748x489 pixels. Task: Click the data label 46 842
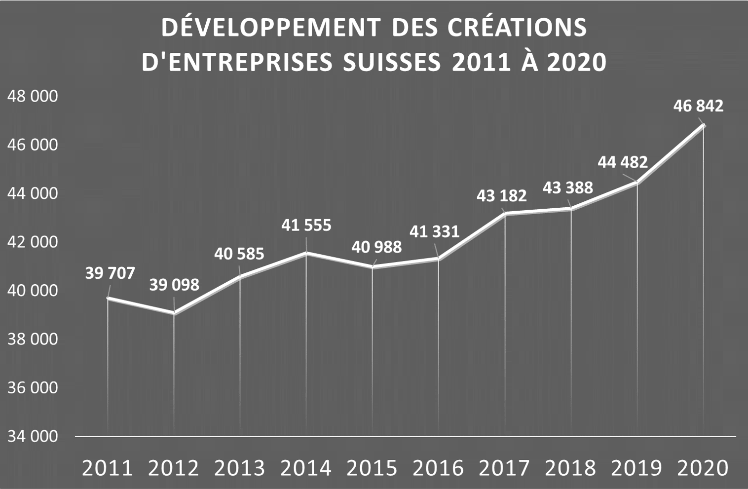(x=698, y=106)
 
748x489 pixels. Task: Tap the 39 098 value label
(x=174, y=285)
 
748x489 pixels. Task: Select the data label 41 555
(x=306, y=226)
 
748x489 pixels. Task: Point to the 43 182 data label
(x=502, y=196)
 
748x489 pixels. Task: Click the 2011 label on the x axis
(x=108, y=468)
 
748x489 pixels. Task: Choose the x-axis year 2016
(x=438, y=468)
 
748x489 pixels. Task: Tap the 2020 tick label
(x=703, y=468)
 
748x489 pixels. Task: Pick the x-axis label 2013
(x=240, y=468)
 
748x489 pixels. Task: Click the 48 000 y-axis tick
(x=33, y=96)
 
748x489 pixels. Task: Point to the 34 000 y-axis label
(x=33, y=436)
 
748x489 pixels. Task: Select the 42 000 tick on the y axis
(x=33, y=242)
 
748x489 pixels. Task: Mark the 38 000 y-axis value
(x=33, y=339)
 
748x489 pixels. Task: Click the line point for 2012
(x=174, y=313)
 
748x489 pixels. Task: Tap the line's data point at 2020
(x=703, y=125)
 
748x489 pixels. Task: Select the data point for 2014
(x=306, y=253)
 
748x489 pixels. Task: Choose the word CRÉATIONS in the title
(x=518, y=28)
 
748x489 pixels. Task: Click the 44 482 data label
(x=623, y=162)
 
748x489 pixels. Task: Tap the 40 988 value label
(x=376, y=247)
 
